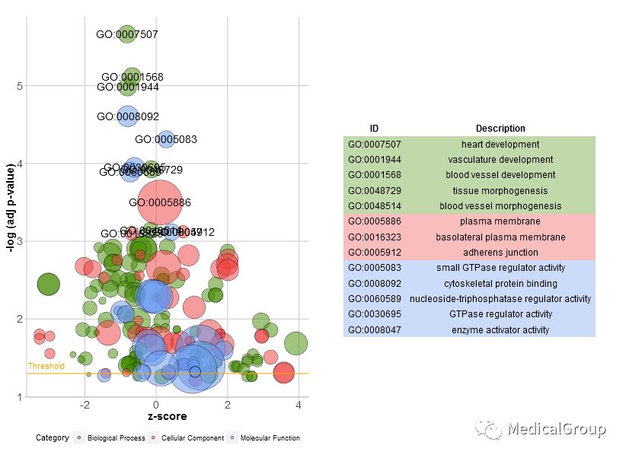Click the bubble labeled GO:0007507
(x=127, y=34)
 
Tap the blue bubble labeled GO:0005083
(x=166, y=139)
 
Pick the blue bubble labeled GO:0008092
(x=128, y=116)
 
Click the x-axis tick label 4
(x=298, y=404)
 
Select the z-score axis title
(x=167, y=416)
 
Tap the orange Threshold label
(x=46, y=366)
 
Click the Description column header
(x=500, y=129)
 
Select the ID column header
(x=374, y=129)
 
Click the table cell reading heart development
(x=500, y=145)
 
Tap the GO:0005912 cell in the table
(x=374, y=252)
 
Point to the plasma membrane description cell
(x=500, y=221)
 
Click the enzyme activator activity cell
(x=500, y=329)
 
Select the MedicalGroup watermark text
(x=556, y=429)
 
